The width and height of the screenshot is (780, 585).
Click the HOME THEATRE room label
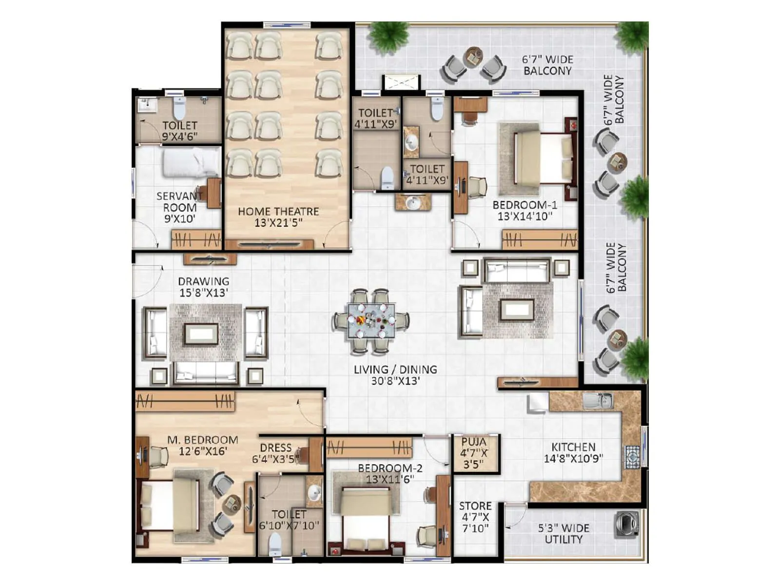(x=278, y=217)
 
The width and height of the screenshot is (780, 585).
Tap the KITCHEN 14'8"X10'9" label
(x=573, y=452)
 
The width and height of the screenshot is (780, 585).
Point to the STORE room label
(x=475, y=517)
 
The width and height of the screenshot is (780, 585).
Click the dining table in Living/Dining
(x=371, y=321)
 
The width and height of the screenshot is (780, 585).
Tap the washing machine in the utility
(x=626, y=524)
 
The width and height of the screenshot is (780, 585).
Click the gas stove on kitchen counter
(x=632, y=457)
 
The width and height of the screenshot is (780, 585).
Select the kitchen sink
(x=598, y=401)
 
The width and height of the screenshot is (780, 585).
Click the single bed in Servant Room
(x=191, y=162)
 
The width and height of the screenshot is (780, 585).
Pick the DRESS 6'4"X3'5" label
(x=276, y=453)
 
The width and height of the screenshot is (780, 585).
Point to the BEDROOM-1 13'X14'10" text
(x=525, y=210)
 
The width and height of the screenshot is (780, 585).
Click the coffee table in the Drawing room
(x=201, y=334)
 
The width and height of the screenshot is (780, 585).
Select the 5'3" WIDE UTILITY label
(x=564, y=533)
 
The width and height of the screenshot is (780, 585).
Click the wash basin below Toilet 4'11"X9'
(x=413, y=202)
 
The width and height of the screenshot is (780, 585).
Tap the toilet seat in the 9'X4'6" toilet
(x=179, y=108)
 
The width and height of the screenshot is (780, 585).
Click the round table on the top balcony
(x=473, y=58)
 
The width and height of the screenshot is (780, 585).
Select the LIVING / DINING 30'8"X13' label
(x=395, y=375)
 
